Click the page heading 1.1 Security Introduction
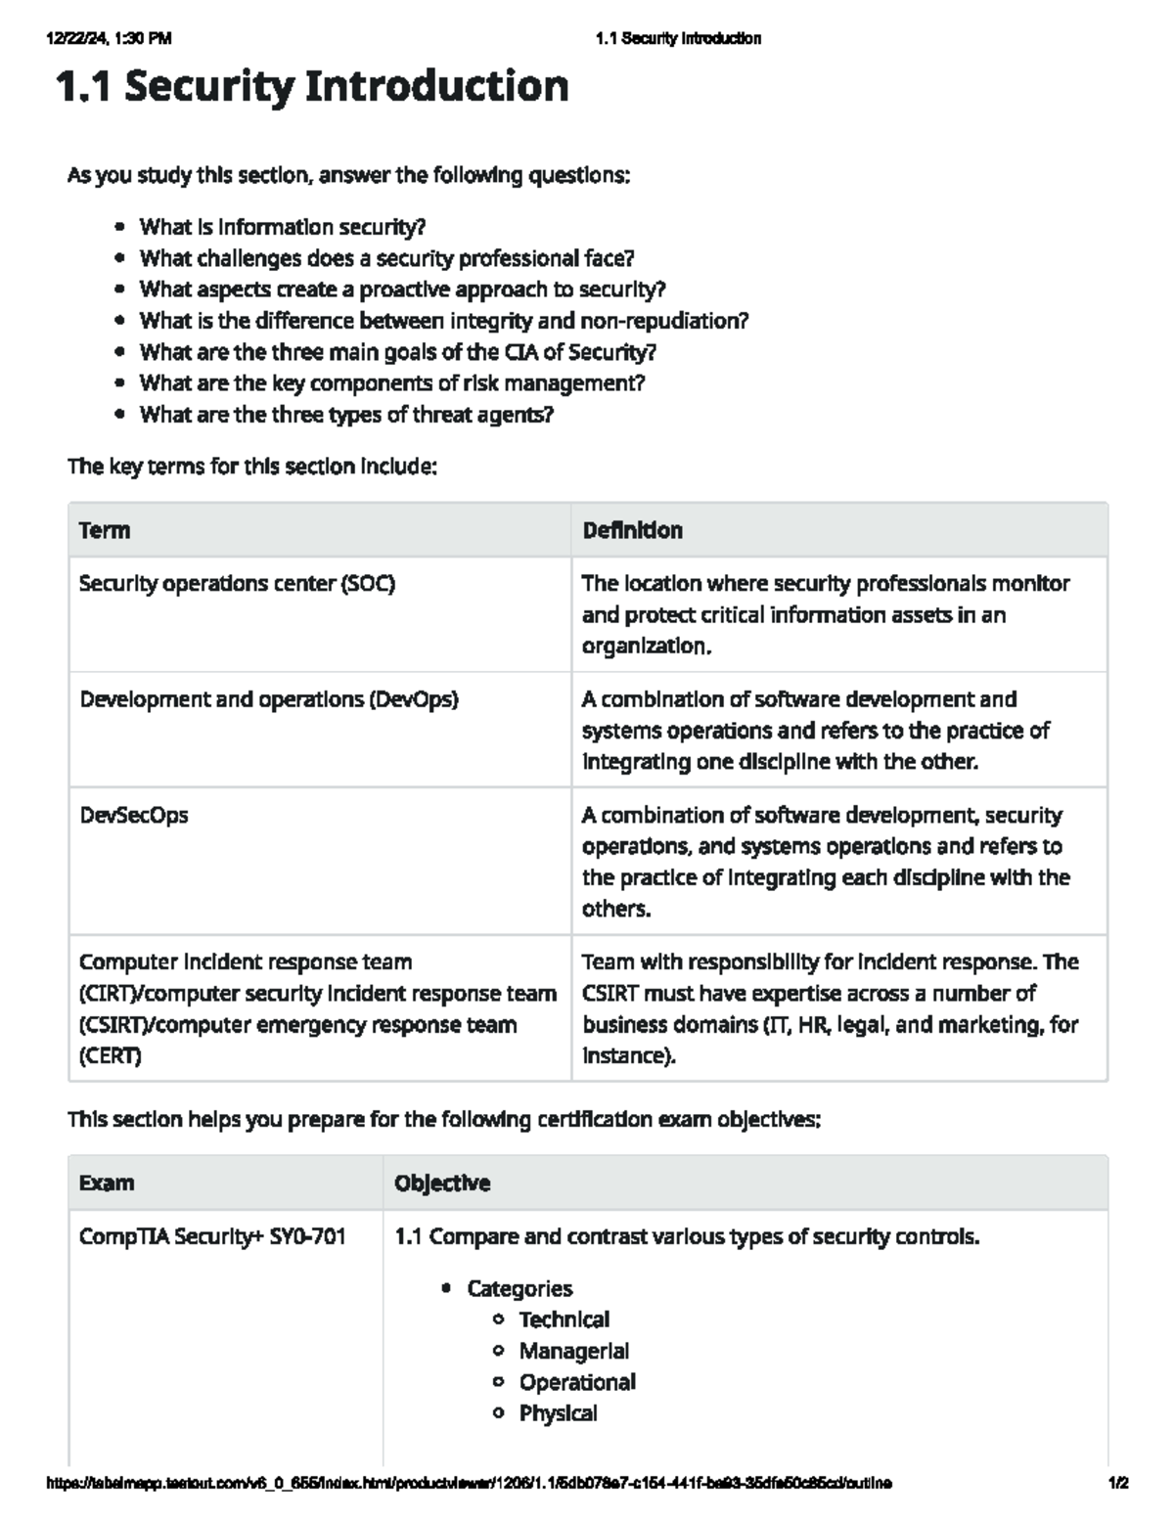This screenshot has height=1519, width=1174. tap(312, 87)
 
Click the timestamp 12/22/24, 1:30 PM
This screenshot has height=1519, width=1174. tap(109, 39)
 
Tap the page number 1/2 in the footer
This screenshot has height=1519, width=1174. tap(1118, 1483)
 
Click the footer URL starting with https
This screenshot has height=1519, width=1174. tap(469, 1483)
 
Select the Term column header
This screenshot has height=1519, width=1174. tap(105, 530)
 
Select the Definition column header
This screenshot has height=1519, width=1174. tap(632, 530)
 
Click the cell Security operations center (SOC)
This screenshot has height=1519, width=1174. tap(237, 584)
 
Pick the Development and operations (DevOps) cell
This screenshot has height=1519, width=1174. tap(269, 699)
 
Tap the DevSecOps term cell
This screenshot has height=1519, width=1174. tap(134, 815)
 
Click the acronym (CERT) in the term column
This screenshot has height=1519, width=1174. tap(111, 1056)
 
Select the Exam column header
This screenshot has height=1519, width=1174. tap(107, 1183)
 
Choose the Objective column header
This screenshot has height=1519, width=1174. tap(442, 1183)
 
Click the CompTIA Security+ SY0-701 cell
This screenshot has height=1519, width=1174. tap(212, 1236)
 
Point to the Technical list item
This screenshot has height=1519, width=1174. tap(564, 1319)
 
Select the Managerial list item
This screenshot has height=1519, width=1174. tap(574, 1351)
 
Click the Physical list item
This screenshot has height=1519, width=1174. tap(559, 1413)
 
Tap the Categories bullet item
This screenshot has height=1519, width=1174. tap(519, 1288)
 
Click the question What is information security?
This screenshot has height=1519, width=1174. tap(283, 227)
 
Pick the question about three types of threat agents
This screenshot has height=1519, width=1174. tap(346, 415)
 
